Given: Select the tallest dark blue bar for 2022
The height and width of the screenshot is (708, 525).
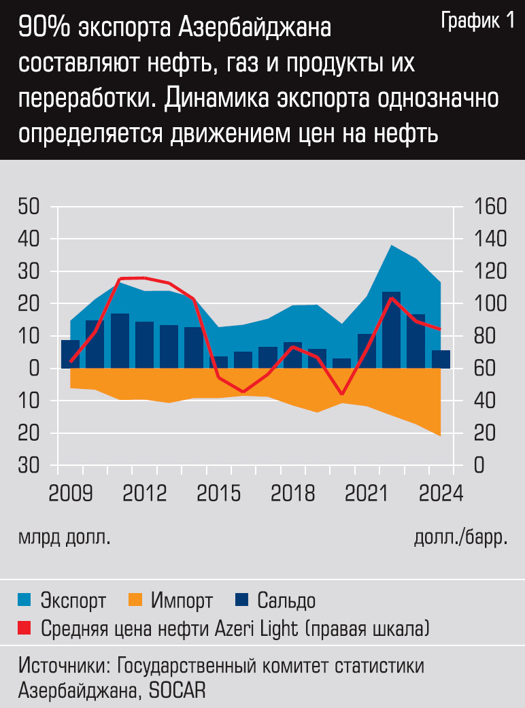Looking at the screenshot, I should pos(391,330).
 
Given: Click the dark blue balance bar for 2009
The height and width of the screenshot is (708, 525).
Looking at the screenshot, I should pos(70,354).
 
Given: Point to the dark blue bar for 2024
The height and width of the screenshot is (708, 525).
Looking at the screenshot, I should pos(441,359).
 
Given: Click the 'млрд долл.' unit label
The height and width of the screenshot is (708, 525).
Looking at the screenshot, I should pos(64,538).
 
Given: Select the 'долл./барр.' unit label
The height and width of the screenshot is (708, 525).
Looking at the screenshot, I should pos(460,538).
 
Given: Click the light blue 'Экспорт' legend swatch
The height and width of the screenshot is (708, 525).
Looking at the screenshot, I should pos(26,600).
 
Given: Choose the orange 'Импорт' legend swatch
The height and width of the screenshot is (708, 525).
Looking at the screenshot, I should pos(135,600).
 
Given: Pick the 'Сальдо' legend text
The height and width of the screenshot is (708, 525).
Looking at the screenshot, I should pos(286,601).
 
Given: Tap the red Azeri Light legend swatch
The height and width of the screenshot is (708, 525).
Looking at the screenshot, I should pos(26,627).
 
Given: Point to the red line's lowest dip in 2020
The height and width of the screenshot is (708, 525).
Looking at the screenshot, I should pos(342,394).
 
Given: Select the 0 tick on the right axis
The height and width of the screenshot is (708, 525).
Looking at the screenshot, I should pos(479,466).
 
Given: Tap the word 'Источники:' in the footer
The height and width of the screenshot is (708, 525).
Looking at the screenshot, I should pos(65,665).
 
